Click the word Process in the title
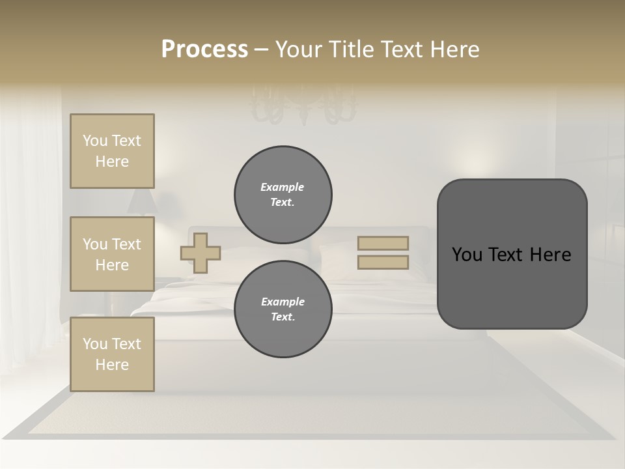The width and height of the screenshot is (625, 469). point(204,50)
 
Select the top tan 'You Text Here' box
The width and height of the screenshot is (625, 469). point(112,151)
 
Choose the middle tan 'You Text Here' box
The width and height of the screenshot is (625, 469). point(112,254)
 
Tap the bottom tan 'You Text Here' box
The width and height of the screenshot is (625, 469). point(112,354)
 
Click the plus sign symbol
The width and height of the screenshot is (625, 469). point(201,253)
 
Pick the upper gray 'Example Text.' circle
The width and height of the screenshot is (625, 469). point(283,195)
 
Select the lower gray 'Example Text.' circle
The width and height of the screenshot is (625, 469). point(283,309)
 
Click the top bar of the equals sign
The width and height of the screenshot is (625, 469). point(383,243)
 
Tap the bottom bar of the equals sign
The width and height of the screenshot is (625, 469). point(383,262)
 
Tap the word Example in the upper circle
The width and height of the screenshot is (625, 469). point(283,187)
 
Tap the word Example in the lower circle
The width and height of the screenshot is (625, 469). point(283,302)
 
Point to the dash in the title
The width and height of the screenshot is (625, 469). point(261,50)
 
